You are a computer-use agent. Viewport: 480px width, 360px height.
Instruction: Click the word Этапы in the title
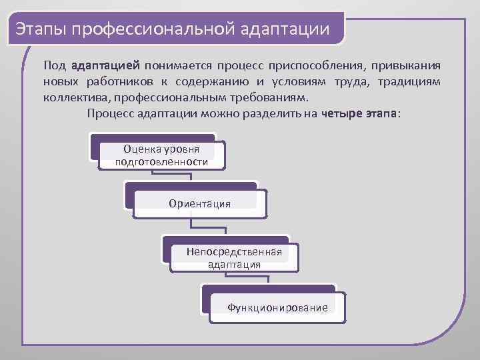(x=41, y=30)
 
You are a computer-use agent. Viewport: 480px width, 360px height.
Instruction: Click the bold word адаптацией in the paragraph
(x=105, y=66)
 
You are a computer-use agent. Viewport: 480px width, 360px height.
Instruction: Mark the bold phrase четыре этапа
(x=359, y=113)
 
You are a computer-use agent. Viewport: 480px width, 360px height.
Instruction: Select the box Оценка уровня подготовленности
(x=161, y=155)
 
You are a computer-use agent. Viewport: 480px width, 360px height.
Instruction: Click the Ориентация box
(x=200, y=203)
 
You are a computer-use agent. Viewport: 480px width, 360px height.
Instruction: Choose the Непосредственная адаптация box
(x=234, y=258)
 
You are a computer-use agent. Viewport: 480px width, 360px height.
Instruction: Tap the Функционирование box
(x=277, y=307)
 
